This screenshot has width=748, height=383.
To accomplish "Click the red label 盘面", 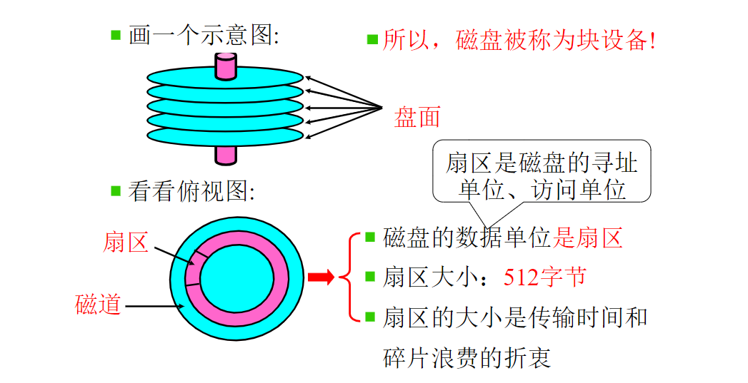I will coord(417,117).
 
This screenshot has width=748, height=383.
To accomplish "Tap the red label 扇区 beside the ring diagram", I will coord(126,242).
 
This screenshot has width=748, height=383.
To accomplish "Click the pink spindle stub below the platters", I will coord(226,153).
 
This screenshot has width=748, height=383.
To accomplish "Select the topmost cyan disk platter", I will coord(179,76).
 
